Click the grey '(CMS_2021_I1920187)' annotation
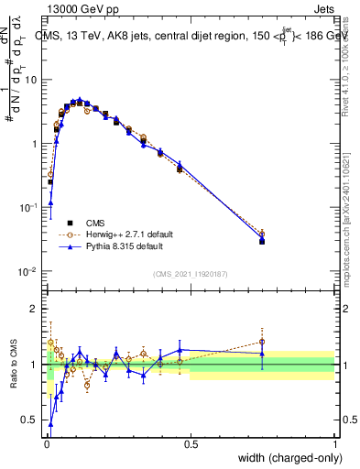[x=191, y=273]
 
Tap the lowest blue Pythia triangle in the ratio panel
[x=50, y=424]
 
